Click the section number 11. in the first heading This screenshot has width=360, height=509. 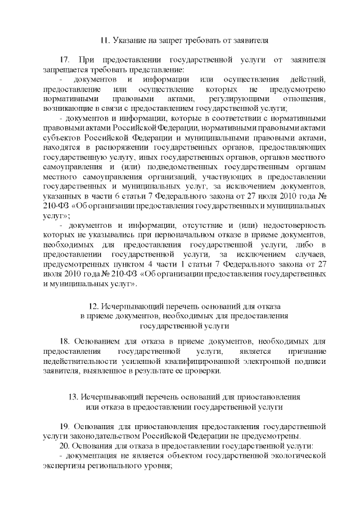tap(104, 40)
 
